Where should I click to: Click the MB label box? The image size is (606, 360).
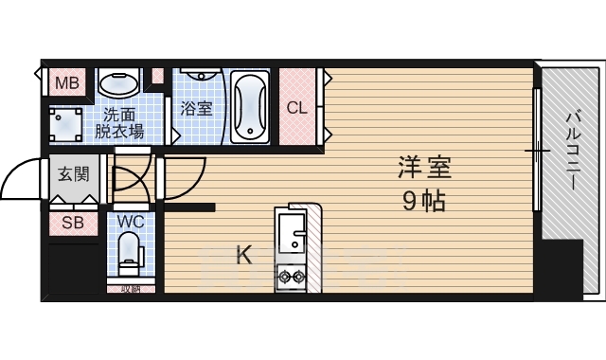click(x=66, y=83)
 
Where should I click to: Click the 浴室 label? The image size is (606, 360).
click(x=196, y=107)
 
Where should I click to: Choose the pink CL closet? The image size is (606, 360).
click(x=296, y=107)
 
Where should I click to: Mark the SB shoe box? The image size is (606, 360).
click(x=72, y=224)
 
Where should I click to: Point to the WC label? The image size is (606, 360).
click(x=130, y=222)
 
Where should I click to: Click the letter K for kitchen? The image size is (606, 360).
click(x=242, y=254)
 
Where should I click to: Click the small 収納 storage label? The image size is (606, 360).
click(x=130, y=290)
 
